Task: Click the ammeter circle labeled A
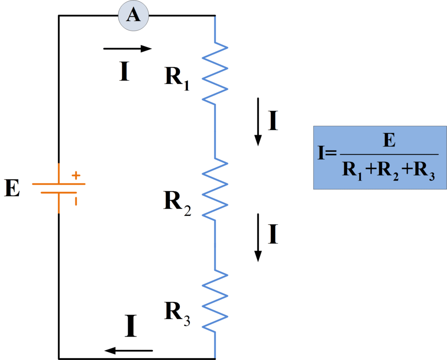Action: pos(134,16)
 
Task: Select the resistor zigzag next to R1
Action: pos(215,73)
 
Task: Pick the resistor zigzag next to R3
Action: pos(215,301)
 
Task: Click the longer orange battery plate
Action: pos(58,184)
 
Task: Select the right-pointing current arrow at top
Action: pos(127,49)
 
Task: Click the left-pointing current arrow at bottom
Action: pos(128,350)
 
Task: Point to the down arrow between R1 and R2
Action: pos(258,121)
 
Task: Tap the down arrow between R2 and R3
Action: pos(258,237)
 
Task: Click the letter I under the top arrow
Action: pos(124,72)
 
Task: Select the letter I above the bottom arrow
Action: pos(131,326)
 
